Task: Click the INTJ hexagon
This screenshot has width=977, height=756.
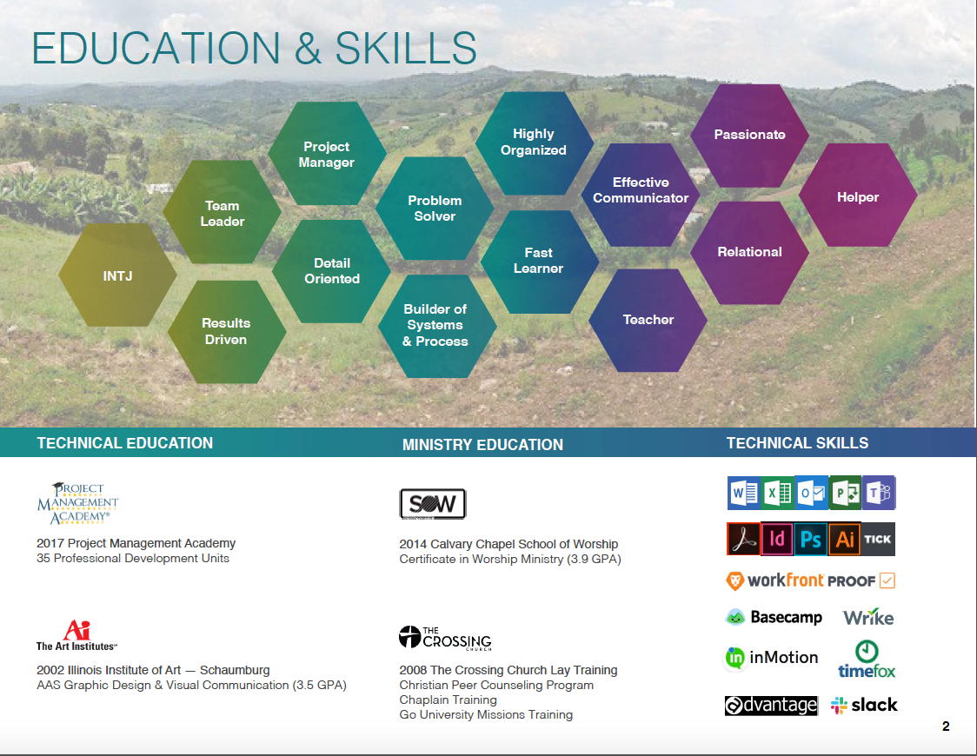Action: click(x=117, y=275)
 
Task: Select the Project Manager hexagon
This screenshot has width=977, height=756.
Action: click(x=327, y=154)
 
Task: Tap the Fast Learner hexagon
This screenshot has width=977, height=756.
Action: click(x=540, y=262)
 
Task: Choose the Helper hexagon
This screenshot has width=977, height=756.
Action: click(x=858, y=196)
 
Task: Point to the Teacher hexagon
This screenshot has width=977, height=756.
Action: click(x=648, y=320)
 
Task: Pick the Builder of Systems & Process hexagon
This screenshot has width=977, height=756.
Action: click(x=437, y=327)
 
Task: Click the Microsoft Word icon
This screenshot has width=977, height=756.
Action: click(x=744, y=493)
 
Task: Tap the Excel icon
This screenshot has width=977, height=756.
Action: click(x=778, y=493)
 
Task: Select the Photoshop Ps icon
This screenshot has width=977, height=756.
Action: click(x=811, y=539)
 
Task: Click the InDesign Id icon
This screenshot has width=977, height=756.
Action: click(x=777, y=539)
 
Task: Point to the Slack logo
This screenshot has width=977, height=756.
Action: click(x=864, y=705)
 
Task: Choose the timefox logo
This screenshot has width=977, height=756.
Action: click(x=867, y=659)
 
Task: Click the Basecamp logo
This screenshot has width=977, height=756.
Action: click(x=774, y=617)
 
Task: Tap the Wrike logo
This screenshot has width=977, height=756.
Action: click(x=868, y=616)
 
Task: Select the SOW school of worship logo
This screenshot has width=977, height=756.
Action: click(x=432, y=504)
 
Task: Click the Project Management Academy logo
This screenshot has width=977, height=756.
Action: click(x=78, y=503)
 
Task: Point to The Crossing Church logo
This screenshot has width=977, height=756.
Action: click(x=445, y=638)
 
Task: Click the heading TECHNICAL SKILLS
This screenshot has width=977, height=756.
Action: click(x=798, y=443)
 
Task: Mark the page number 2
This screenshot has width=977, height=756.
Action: click(x=946, y=726)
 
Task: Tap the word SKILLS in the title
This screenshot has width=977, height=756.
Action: click(x=406, y=48)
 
